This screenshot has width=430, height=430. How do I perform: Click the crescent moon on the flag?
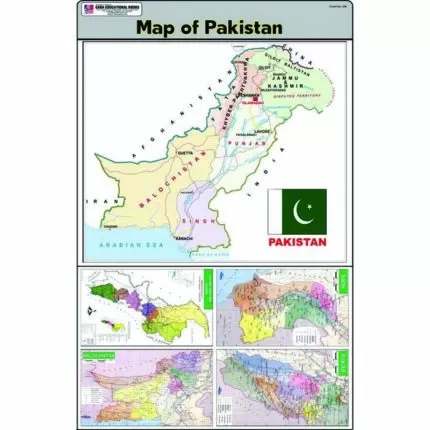click(301, 210)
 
